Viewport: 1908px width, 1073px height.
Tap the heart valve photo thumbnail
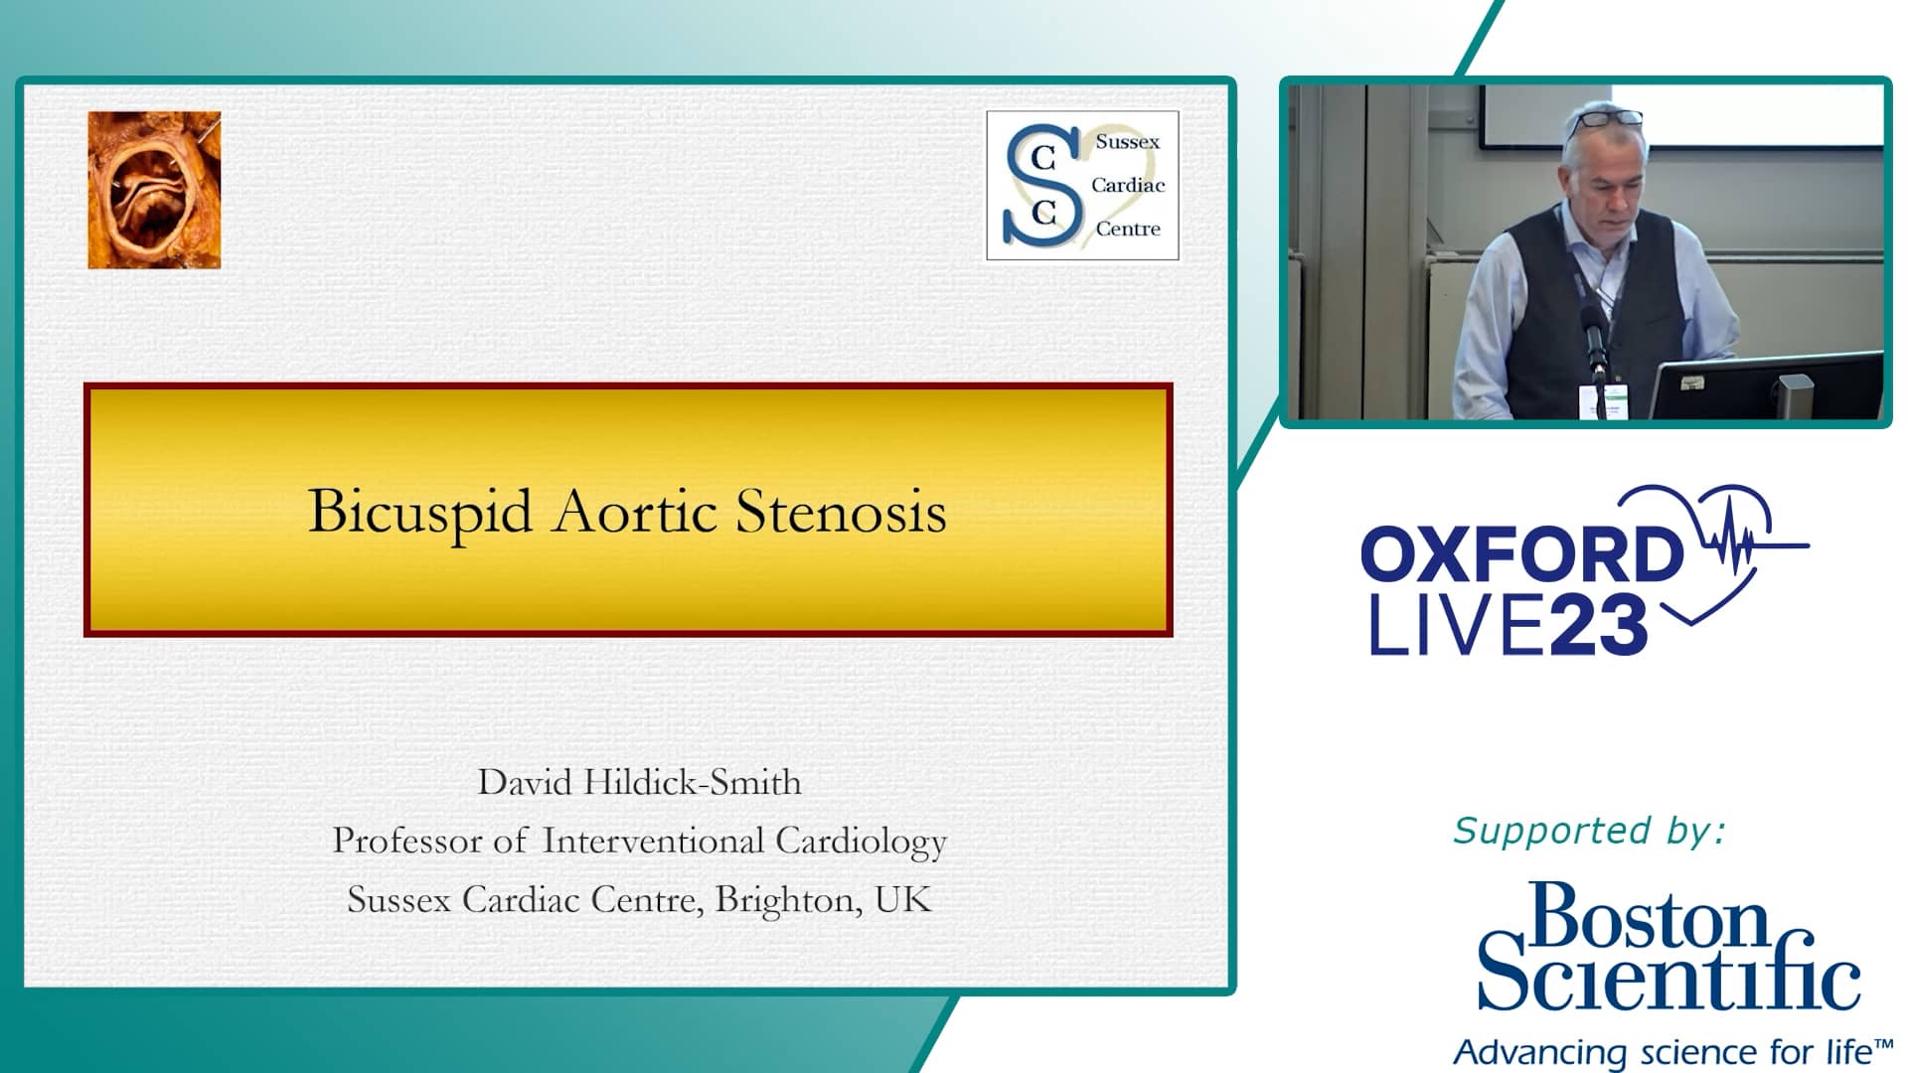[x=154, y=190]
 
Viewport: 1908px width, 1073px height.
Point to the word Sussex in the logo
[x=1127, y=142]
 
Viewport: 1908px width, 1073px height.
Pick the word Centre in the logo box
[x=1128, y=230]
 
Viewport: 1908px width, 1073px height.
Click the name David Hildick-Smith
[x=639, y=783]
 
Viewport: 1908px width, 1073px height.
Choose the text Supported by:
[x=1589, y=831]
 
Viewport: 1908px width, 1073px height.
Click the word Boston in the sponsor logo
[x=1650, y=917]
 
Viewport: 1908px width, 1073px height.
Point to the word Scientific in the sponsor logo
[x=1669, y=976]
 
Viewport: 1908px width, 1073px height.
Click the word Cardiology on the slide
[x=861, y=842]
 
